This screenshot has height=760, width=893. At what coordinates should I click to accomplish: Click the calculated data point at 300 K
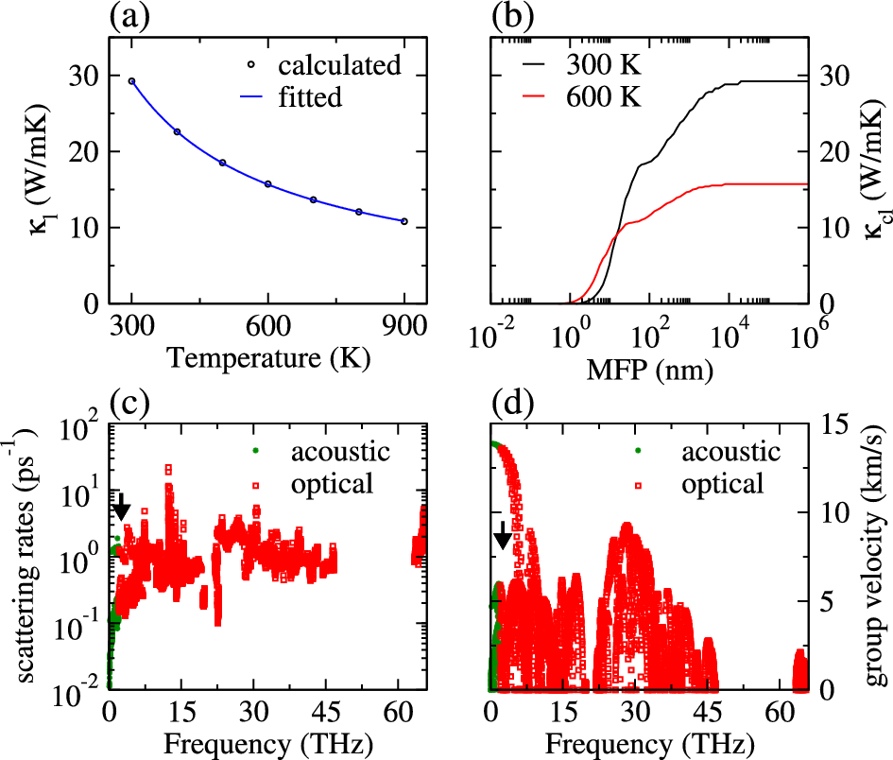[132, 81]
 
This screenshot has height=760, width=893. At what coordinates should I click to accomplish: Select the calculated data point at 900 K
[404, 221]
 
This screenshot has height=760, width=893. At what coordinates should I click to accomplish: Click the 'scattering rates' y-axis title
[21, 558]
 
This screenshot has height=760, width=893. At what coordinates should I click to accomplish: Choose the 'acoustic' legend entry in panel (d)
[732, 452]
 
